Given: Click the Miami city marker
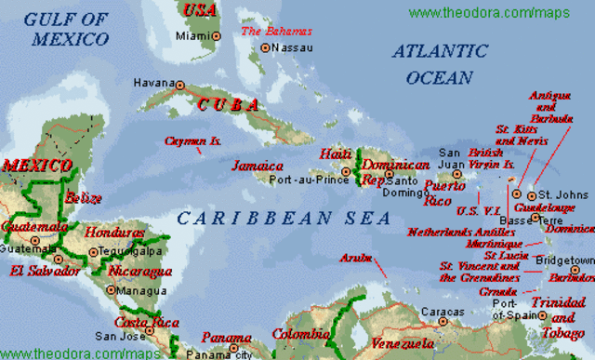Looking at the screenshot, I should pyautogui.click(x=216, y=35).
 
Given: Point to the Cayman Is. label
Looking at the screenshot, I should pyautogui.click(x=192, y=141).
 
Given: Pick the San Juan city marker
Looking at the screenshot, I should pyautogui.click(x=443, y=173).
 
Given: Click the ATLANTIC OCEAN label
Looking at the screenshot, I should pyautogui.click(x=433, y=63).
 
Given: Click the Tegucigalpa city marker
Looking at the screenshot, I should pyautogui.click(x=93, y=251).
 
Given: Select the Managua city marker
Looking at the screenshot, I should pyautogui.click(x=112, y=289).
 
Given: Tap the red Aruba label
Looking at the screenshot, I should pyautogui.click(x=356, y=257).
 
